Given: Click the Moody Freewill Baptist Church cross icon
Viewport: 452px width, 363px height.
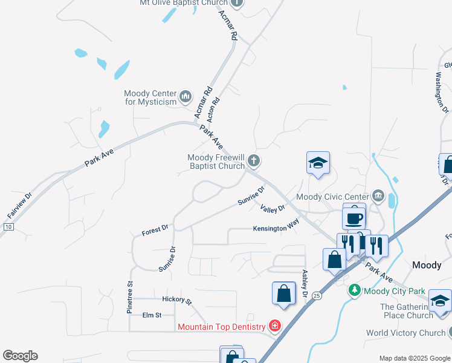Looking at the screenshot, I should (x=254, y=161).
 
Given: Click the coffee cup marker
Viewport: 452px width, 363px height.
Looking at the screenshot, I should (x=354, y=217).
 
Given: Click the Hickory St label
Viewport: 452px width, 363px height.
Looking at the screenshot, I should (x=176, y=300).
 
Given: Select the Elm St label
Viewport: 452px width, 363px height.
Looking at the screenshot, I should (x=152, y=315).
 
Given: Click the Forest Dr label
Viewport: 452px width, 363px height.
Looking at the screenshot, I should (x=155, y=230).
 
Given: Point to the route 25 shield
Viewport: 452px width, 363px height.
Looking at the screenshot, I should (x=317, y=296).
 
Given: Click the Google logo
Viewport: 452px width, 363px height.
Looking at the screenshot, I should (x=20, y=356).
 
